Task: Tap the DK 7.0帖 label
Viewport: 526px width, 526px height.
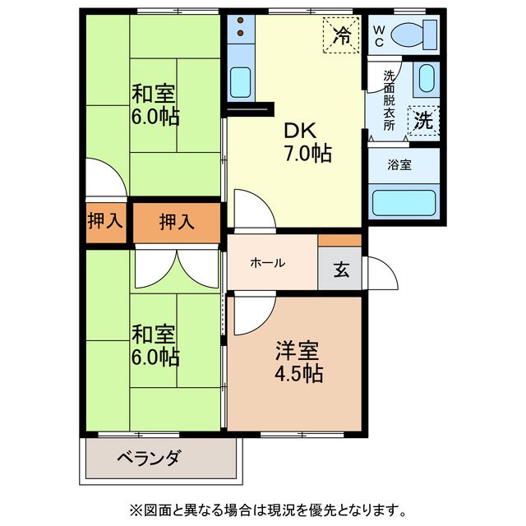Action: (307, 141)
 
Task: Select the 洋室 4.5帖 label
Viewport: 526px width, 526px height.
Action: (298, 361)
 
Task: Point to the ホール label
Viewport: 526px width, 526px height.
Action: (267, 263)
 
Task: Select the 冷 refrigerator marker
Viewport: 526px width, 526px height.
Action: (340, 35)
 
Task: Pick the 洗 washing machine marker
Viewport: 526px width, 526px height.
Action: (423, 121)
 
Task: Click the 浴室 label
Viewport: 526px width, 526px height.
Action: (400, 164)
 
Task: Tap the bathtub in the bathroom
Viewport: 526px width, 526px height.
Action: (406, 202)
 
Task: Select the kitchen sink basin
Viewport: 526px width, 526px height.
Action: (240, 81)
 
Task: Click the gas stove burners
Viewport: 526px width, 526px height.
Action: (240, 29)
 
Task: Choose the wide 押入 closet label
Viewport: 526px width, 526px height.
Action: (176, 221)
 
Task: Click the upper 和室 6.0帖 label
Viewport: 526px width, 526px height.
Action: (155, 105)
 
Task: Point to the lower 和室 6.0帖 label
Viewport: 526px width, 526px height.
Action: (155, 346)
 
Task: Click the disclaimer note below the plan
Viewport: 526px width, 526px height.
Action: (263, 507)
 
